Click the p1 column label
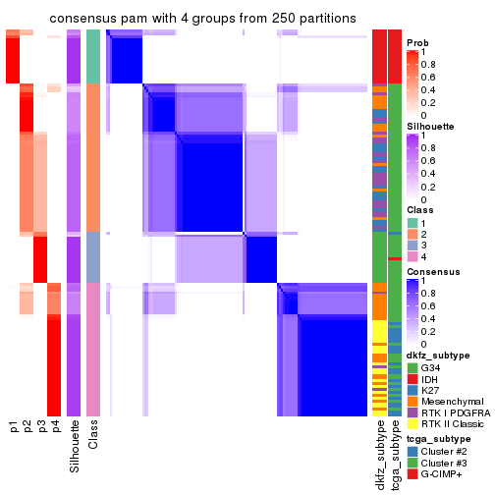click(13, 427)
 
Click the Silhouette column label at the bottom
click(75, 447)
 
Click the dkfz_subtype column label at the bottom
click(380, 456)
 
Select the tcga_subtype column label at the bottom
click(395, 455)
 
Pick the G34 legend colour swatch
click(412, 368)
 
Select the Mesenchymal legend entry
click(447, 407)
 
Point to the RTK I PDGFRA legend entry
click(451, 419)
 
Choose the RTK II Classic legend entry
click(450, 432)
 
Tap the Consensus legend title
click(433, 271)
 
